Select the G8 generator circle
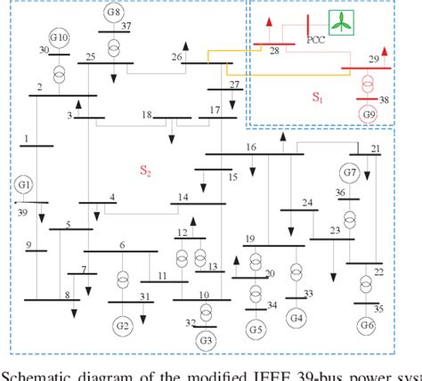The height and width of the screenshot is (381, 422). point(113,12)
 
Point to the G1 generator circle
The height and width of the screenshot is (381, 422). point(23,185)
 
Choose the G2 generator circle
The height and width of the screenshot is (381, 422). point(122,323)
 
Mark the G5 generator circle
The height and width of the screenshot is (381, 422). point(256,331)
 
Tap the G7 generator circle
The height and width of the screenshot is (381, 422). point(348,171)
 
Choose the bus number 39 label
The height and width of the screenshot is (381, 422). point(22,212)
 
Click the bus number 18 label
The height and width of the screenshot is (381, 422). point(148,115)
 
